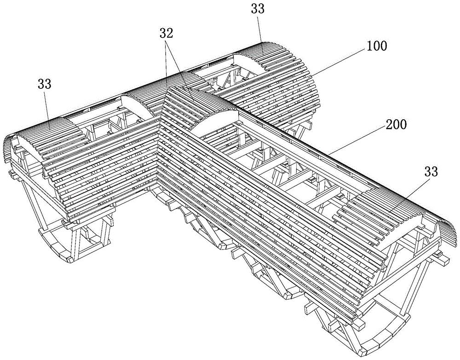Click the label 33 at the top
(258, 9)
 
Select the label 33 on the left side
(44, 84)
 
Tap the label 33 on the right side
(431, 172)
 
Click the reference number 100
(376, 46)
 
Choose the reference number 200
(396, 125)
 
